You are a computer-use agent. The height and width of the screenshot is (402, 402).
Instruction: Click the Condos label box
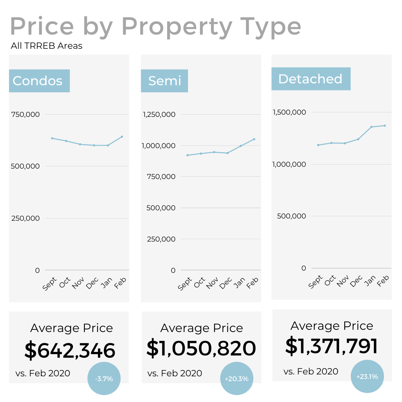(x=39, y=81)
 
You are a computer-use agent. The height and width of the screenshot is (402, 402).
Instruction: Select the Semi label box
(x=164, y=81)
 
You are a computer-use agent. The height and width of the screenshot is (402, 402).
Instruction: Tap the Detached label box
(x=310, y=79)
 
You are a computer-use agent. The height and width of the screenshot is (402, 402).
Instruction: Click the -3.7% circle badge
(x=104, y=379)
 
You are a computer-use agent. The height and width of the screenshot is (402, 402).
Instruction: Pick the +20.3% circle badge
(x=236, y=379)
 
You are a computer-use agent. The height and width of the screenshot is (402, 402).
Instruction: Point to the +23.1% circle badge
(x=367, y=376)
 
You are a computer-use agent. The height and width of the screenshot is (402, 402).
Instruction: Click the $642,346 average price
(x=70, y=350)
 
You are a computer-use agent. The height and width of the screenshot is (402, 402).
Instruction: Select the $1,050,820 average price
(x=201, y=348)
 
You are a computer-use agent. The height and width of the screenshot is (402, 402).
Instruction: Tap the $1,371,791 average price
(x=331, y=346)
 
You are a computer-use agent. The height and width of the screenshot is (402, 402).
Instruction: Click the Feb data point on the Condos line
(x=122, y=137)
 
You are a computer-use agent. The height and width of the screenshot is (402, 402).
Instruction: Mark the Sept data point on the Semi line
(x=187, y=155)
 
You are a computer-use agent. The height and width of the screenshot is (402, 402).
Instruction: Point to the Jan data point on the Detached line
(x=371, y=127)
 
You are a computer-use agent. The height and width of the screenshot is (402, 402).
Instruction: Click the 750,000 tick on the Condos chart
(x=25, y=114)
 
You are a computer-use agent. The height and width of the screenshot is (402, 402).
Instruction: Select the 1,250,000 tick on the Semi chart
(x=159, y=114)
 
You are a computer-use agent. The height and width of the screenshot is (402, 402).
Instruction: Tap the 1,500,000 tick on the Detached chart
(x=290, y=112)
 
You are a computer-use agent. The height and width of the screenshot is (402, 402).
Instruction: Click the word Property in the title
(x=177, y=27)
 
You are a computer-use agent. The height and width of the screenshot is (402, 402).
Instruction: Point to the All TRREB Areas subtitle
(x=47, y=46)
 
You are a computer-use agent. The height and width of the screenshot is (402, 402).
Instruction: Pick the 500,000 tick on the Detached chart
(x=292, y=216)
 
